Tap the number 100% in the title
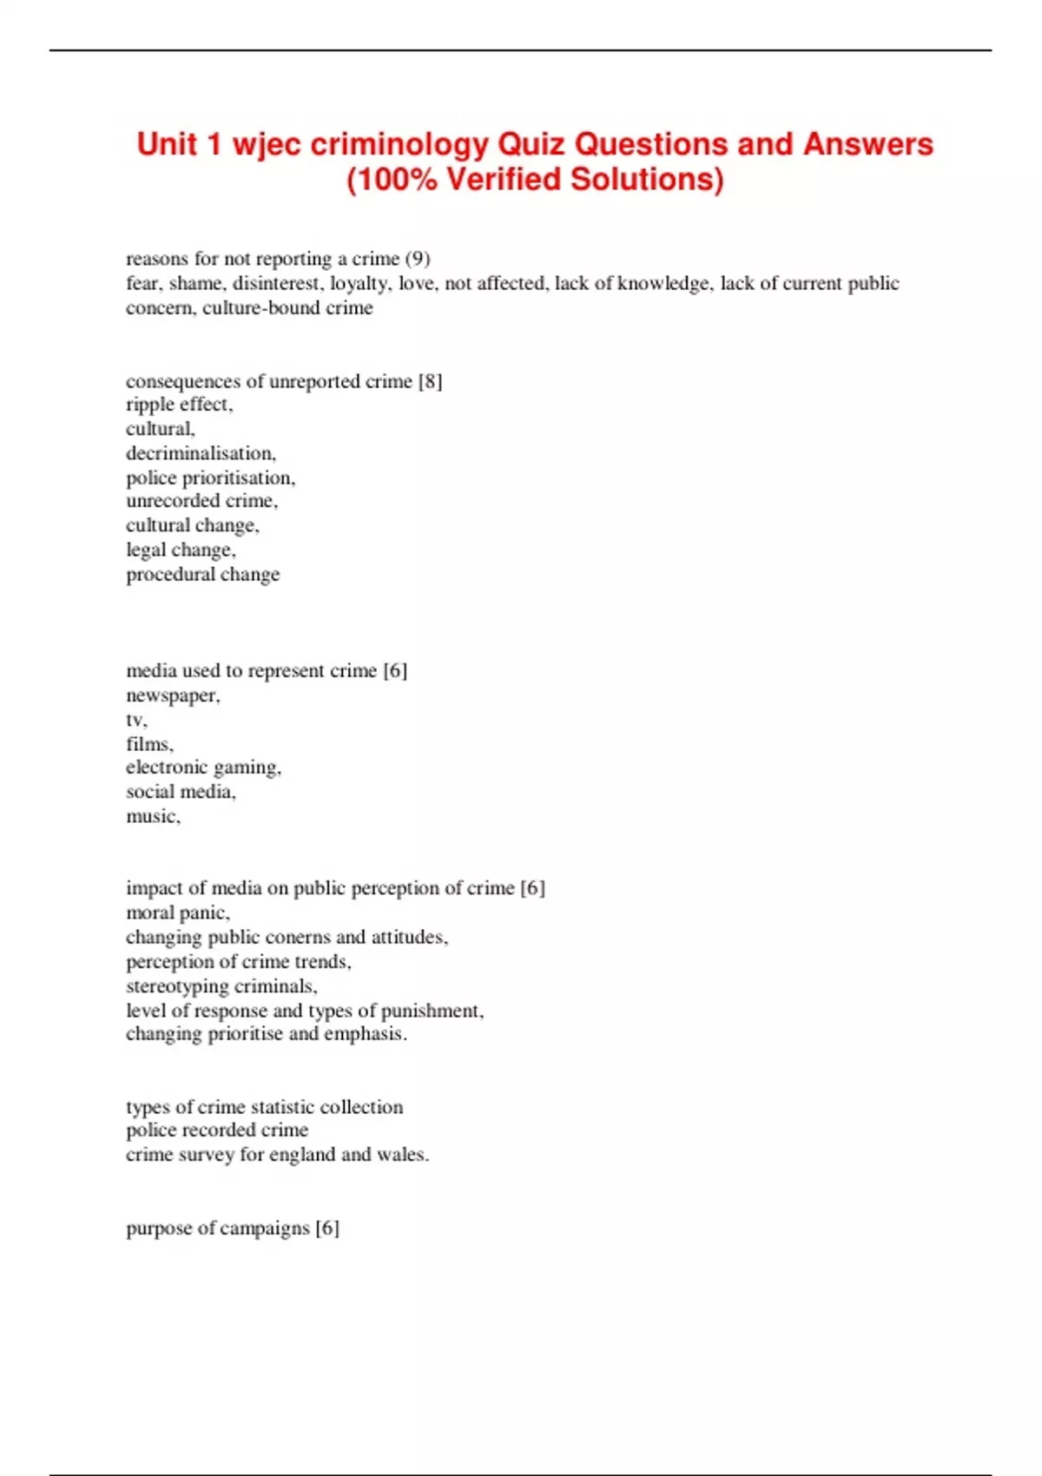(x=396, y=180)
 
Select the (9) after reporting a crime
(x=418, y=259)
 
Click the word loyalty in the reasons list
(x=359, y=283)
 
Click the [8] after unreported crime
(x=430, y=381)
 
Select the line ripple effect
(x=179, y=405)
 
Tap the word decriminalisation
(x=201, y=453)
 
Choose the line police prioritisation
(x=210, y=478)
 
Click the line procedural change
(x=202, y=574)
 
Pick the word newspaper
(x=172, y=695)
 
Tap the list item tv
(x=135, y=720)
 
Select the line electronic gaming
(x=203, y=768)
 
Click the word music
(x=152, y=816)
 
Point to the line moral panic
(x=177, y=913)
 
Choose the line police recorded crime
(x=217, y=1130)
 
